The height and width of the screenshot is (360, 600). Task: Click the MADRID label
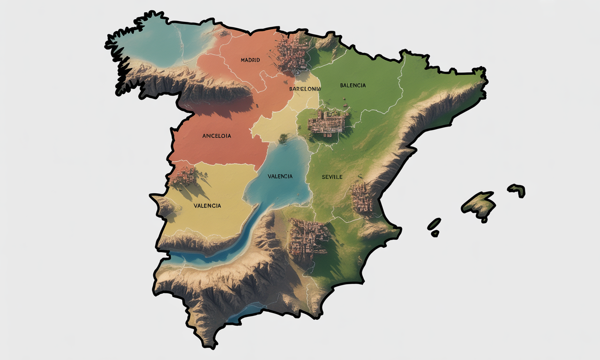click(x=250, y=60)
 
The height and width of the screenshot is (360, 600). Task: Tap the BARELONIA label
click(x=305, y=89)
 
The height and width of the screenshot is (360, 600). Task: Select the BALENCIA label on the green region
click(x=353, y=85)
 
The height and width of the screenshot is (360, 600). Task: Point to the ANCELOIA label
click(x=217, y=136)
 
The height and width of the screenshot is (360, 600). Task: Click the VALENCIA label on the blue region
click(x=280, y=176)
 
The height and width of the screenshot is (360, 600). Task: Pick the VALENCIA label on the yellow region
click(x=207, y=205)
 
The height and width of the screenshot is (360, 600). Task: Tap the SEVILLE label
click(x=332, y=177)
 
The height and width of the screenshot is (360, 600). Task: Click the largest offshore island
click(x=479, y=204)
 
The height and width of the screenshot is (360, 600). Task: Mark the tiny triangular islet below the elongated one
click(x=435, y=233)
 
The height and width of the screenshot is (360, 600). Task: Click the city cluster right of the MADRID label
click(x=292, y=54)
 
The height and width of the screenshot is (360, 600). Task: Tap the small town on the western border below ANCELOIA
click(x=184, y=176)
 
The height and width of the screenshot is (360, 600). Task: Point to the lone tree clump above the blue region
click(x=283, y=138)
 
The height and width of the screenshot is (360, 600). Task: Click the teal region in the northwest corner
click(x=155, y=45)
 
